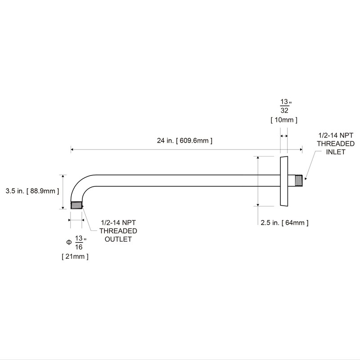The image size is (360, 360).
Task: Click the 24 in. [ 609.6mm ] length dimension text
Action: coord(184,140)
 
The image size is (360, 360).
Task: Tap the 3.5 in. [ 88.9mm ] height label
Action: coord(30,191)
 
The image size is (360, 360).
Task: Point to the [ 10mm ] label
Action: coord(283,120)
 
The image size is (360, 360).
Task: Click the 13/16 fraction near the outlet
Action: coord(79,242)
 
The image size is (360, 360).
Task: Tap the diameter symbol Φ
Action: coord(68,242)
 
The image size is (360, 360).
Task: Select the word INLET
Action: coord(336,152)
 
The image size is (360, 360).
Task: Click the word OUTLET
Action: coord(118,239)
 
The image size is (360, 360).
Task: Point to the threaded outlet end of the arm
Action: coord(77,205)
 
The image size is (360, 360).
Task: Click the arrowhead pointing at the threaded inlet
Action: coord(306,180)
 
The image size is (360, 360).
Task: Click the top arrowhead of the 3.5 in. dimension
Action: coord(63,176)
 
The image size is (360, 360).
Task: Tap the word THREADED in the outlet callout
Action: coord(118,231)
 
